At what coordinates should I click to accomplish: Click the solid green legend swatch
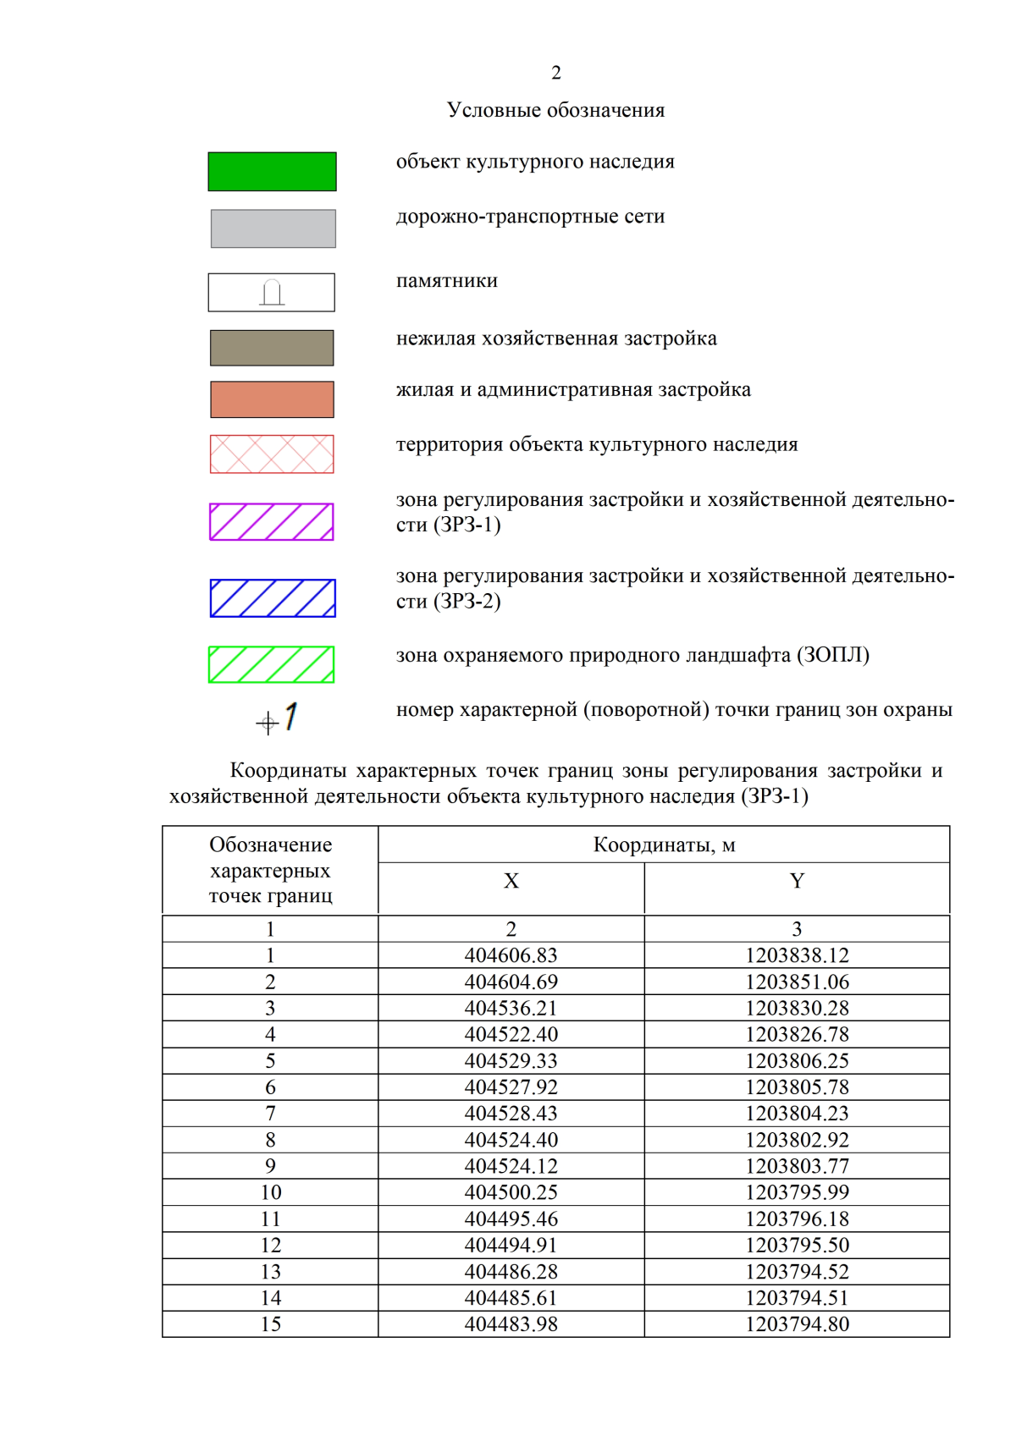coord(272,172)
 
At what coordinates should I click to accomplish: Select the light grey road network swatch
coord(273,228)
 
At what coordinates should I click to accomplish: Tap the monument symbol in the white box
coord(272,292)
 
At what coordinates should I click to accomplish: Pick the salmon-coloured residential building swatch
coord(272,399)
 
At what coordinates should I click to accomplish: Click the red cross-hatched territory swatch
coord(272,454)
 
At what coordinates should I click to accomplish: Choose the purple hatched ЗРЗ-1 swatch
coord(272,521)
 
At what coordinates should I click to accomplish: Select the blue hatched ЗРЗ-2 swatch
coord(272,597)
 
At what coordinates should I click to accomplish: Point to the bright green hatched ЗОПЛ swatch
coord(272,664)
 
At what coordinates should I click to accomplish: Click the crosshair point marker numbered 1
coord(268,723)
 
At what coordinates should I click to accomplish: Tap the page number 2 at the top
coord(555,73)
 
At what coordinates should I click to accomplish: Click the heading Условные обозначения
coord(555,110)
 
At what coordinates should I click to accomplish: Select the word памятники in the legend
coord(446,281)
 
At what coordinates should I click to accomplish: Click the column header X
coord(511,881)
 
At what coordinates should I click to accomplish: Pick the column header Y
coord(796,881)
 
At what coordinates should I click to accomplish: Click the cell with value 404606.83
coord(511,955)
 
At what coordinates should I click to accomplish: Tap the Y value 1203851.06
coord(796,982)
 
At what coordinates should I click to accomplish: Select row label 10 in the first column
coord(270,1192)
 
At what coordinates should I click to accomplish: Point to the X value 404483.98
coord(511,1324)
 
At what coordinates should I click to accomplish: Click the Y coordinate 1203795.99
coord(796,1192)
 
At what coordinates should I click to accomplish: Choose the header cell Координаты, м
coord(664,845)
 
